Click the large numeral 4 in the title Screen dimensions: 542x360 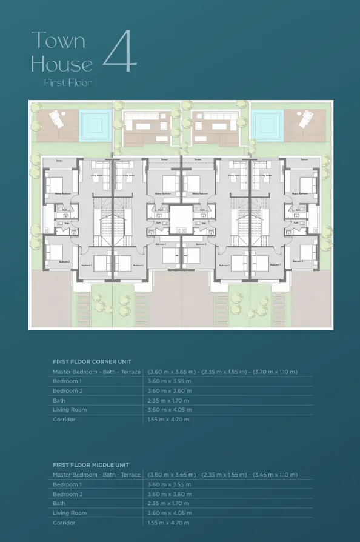120,54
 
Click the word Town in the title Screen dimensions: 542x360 59,41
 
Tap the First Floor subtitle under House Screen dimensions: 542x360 68,82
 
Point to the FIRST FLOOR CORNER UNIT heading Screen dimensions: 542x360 92,361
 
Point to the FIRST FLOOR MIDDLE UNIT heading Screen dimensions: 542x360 92,464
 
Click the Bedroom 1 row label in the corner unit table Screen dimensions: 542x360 67,381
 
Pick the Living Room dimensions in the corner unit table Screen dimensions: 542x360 169,410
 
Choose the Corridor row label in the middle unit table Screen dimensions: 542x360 64,523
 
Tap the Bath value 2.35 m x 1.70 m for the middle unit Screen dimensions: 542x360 168,503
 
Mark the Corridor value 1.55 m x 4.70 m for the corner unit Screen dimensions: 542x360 168,420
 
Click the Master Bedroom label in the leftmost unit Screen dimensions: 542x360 63,193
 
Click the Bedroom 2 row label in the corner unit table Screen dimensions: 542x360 67,391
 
